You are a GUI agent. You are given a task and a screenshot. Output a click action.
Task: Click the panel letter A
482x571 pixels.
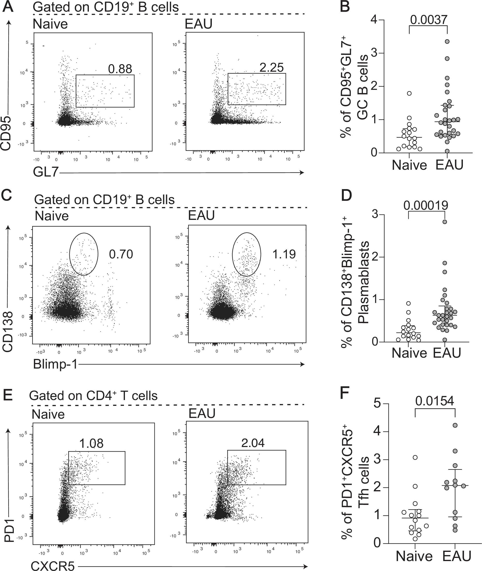pos(8,7)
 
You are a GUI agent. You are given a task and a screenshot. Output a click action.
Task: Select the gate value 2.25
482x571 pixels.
pos(271,68)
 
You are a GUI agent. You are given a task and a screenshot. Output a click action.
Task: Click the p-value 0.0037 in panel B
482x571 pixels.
pos(428,20)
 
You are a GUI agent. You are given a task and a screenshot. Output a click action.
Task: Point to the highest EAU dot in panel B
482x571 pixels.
pos(447,42)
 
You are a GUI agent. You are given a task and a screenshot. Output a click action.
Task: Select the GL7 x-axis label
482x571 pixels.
pos(46,172)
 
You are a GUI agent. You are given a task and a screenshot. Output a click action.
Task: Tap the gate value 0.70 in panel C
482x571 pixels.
pos(121,255)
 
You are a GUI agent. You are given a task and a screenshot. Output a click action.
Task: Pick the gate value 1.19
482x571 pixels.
pos(284,255)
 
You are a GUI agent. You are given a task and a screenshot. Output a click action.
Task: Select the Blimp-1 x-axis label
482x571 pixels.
pos(55,364)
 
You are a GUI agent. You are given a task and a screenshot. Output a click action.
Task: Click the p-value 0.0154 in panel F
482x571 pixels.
pos(435,401)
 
